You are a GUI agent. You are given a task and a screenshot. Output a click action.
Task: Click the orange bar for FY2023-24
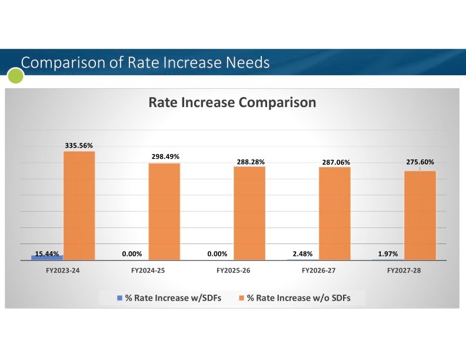tap(79, 205)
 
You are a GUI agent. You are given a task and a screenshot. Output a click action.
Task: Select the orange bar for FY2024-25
tap(164, 211)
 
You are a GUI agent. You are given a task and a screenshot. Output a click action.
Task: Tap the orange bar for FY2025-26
tap(249, 213)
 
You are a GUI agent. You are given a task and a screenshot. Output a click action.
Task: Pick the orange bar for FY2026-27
tap(335, 213)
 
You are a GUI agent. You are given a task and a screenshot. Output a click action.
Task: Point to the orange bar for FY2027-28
tap(420, 215)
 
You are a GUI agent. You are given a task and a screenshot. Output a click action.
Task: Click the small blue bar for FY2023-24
tap(47, 257)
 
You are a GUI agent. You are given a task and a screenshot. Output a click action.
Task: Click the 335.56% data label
tap(79, 145)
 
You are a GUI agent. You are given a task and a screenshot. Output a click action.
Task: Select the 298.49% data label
tap(164, 156)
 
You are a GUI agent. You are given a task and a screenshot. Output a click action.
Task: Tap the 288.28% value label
tap(250, 160)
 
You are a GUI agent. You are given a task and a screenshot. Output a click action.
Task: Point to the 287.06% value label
tap(335, 161)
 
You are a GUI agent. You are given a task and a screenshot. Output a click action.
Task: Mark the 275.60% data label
tap(420, 162)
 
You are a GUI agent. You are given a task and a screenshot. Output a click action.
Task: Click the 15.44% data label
tap(47, 254)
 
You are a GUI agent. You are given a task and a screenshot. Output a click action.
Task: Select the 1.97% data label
tap(388, 254)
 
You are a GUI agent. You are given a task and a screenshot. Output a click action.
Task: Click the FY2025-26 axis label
tap(233, 271)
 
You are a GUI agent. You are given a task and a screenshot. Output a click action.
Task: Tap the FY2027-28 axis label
tap(404, 271)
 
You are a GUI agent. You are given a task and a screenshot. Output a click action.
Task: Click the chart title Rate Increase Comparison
tap(232, 102)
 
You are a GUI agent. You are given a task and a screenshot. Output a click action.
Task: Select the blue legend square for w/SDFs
tap(119, 298)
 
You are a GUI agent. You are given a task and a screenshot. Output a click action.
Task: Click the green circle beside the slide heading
tap(15, 75)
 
